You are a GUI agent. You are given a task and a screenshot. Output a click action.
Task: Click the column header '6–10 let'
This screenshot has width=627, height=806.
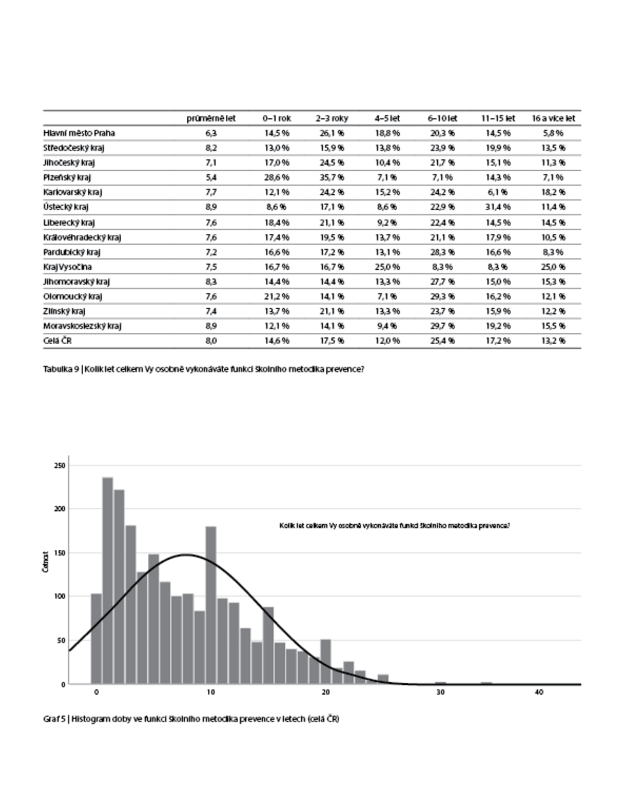pos(442,118)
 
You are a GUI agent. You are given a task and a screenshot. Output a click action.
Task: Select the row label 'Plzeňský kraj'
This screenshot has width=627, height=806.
pos(67,177)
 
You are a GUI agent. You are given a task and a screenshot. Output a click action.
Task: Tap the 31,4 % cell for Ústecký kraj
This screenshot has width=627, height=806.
pos(498,207)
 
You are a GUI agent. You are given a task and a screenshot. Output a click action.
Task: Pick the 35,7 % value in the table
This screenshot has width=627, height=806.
pos(332,177)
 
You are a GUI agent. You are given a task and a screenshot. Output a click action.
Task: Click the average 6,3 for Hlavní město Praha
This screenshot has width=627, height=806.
pos(211,133)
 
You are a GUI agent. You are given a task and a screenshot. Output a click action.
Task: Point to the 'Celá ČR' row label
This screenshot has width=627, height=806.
pos(58,340)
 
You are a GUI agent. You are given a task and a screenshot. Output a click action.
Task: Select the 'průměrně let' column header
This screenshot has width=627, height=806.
pos(211,118)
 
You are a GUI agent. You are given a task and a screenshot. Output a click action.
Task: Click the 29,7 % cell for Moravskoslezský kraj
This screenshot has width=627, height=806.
pos(442,326)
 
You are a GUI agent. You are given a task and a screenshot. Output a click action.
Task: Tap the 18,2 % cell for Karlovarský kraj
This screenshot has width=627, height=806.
pos(553,192)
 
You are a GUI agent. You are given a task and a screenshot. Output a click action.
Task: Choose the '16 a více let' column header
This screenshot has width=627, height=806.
pos(553,118)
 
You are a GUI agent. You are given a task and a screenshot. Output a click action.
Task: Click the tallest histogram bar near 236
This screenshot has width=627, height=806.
pos(108,580)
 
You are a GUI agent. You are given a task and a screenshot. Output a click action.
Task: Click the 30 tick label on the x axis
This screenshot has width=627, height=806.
pos(440,692)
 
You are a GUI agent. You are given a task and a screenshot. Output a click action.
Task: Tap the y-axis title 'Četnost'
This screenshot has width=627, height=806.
pos(46,562)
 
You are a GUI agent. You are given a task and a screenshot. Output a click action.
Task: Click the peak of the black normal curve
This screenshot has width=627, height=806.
pos(187,555)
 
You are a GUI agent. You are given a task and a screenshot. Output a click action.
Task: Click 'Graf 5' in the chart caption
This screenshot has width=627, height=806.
pos(55,719)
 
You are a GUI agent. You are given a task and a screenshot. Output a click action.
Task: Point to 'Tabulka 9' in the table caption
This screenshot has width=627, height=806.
pos(61,370)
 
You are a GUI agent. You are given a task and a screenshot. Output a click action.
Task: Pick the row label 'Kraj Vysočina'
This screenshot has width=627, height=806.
pos(67,266)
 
